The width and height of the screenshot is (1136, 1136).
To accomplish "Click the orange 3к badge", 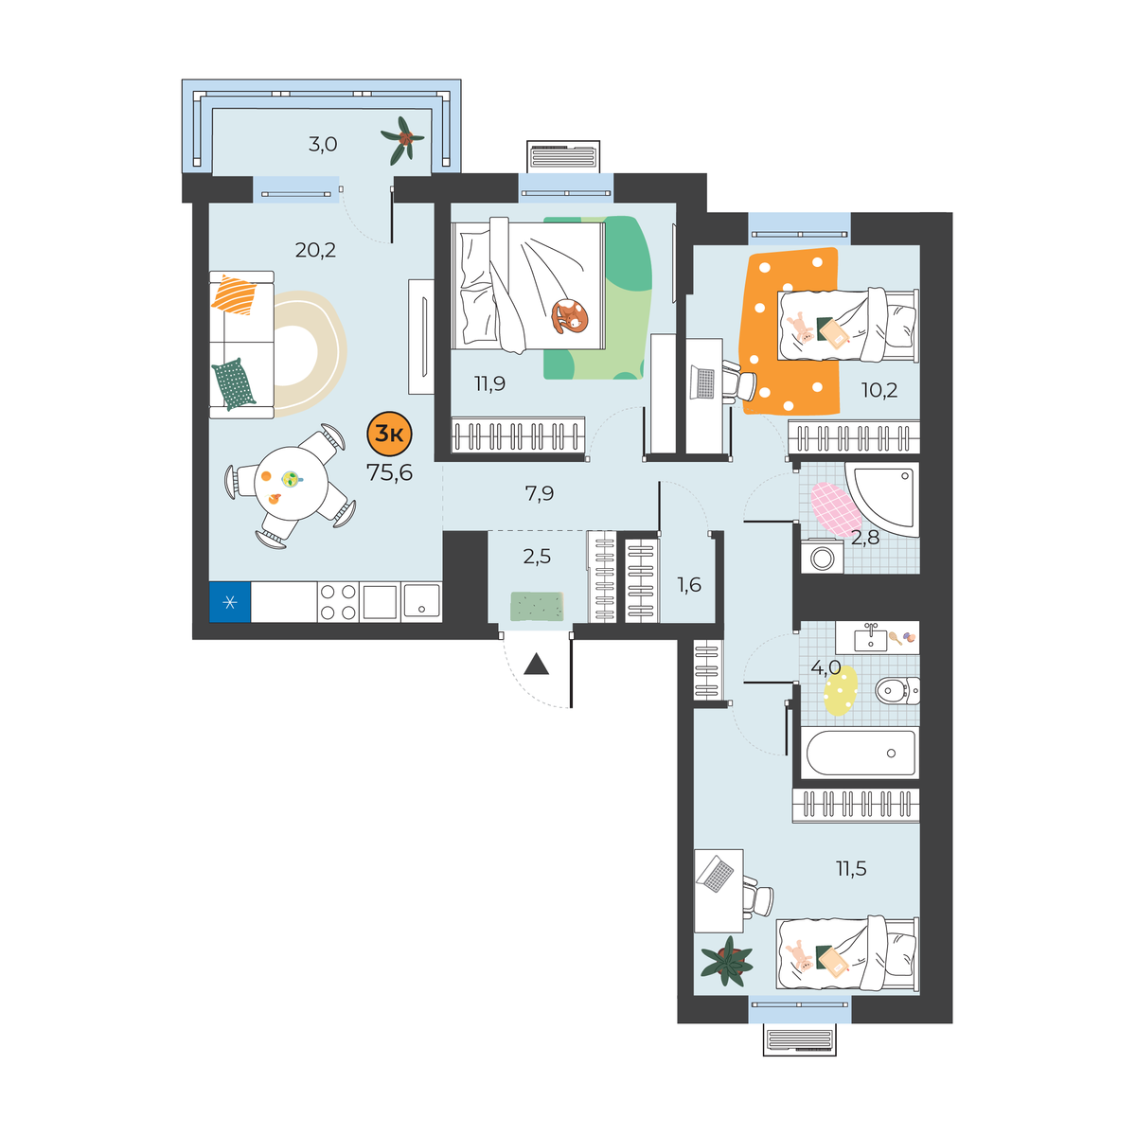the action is coord(389,434).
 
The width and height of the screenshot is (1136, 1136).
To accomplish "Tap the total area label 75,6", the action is coord(390,472).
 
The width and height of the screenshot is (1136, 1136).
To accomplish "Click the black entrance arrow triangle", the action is coord(536,664).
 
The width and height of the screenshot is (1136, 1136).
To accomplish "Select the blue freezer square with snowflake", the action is coord(230,602).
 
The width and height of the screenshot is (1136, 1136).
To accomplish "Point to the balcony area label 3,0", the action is coord(323,144).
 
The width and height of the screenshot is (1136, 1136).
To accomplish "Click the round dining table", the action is coord(291,484).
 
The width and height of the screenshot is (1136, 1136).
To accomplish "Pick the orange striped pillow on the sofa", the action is coord(234,294).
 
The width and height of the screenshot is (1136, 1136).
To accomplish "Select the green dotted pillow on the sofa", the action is coord(234,383).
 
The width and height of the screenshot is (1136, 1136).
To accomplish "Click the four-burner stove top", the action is coord(338,602).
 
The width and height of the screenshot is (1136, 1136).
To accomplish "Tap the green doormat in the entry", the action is coord(537,606).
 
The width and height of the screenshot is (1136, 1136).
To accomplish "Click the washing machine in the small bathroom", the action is coord(821,557).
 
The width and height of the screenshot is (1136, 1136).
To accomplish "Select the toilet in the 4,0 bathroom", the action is coord(897,690).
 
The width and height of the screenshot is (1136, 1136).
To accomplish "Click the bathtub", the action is coord(861,753).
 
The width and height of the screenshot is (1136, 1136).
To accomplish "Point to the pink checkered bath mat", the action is coord(835,509).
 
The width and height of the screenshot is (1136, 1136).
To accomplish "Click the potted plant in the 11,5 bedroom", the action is coord(727,960).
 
